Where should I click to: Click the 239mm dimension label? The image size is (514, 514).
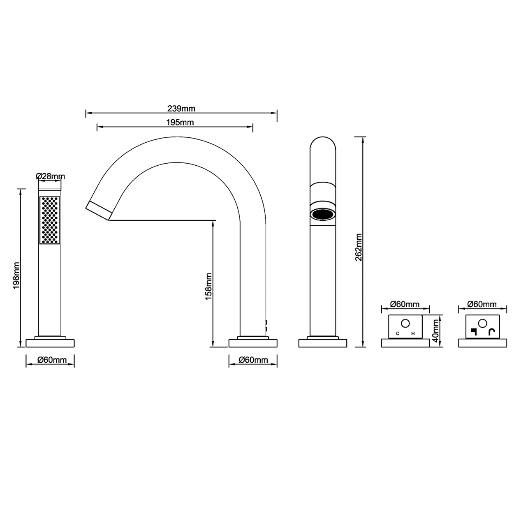click(181, 109)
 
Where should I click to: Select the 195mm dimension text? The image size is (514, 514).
click(180, 123)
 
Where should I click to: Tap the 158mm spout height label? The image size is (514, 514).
click(208, 286)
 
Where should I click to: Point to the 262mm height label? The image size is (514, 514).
click(359, 247)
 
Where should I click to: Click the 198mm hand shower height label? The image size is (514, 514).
click(16, 276)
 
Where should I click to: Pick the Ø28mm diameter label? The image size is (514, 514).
click(50, 176)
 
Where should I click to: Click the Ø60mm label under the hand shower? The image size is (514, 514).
click(52, 360)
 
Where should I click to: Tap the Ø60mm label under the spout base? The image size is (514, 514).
click(253, 360)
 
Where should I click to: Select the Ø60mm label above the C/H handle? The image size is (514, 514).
click(405, 304)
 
